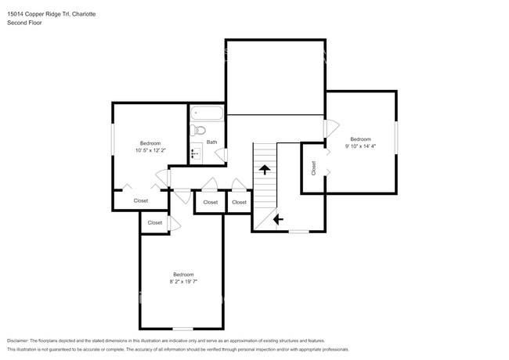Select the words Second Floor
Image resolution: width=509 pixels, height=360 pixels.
24,23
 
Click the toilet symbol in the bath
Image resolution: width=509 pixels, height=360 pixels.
199,131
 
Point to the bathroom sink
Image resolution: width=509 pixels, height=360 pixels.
196,153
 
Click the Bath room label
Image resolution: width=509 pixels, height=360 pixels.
211,142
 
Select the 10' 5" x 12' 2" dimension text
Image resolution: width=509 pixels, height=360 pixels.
150,151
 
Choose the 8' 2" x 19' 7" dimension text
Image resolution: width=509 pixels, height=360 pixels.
183,282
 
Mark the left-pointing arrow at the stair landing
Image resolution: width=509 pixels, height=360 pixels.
277,220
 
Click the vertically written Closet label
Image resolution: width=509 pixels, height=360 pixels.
314,167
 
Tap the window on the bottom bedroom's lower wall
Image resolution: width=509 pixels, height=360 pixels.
183,328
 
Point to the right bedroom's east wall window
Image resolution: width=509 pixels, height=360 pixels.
397,140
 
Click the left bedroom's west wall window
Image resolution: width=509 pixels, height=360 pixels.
113,144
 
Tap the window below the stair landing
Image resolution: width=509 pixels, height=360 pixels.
298,232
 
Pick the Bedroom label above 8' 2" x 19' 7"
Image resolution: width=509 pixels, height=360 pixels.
183,274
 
